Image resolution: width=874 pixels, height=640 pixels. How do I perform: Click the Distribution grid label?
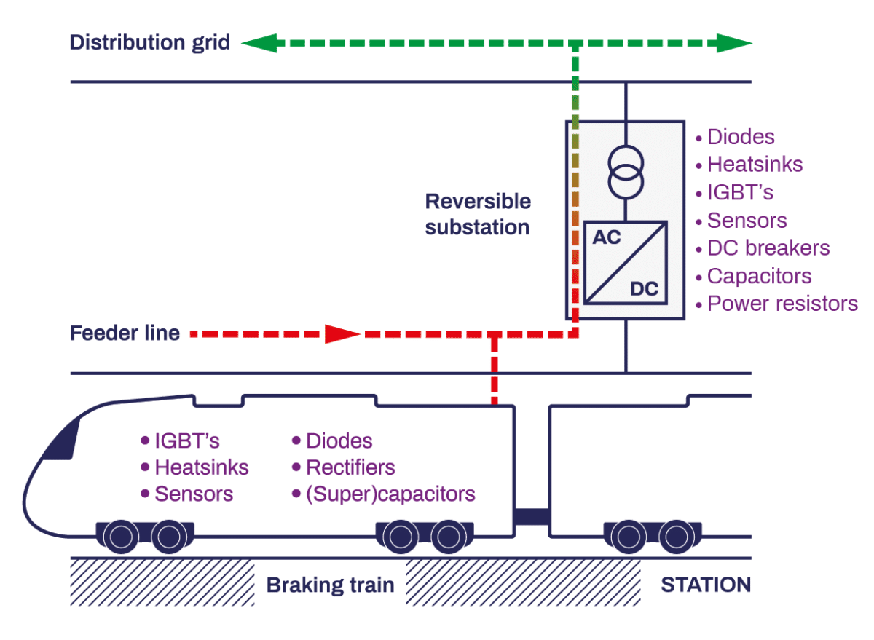[x=149, y=42]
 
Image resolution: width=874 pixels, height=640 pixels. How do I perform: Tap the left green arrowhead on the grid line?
[x=254, y=43]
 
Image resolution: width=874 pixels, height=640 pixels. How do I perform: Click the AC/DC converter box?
[x=625, y=262]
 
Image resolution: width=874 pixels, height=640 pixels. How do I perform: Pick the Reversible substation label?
[x=478, y=214]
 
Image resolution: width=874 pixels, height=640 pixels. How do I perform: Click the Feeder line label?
[x=125, y=333]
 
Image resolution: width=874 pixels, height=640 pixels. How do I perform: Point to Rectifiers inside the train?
[x=350, y=467]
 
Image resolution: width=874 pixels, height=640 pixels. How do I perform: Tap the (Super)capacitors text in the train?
[x=390, y=494]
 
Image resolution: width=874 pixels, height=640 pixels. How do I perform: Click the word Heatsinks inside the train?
[x=202, y=467]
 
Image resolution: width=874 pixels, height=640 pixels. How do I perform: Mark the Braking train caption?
[x=330, y=585]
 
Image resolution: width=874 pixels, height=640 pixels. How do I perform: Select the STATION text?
[x=705, y=585]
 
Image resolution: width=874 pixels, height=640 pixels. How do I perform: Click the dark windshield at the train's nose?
[x=61, y=441]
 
